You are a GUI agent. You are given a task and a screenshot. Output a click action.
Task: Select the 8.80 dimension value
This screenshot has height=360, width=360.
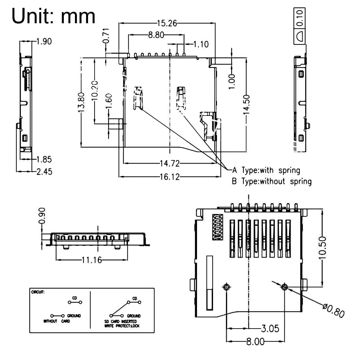pos(156,35)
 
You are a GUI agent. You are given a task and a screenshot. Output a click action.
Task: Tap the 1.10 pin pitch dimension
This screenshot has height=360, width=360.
pos(201,44)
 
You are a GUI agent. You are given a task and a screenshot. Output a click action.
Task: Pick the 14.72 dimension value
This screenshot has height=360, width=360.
pos(170,163)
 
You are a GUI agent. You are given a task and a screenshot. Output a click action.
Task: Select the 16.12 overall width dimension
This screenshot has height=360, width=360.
pos(170,177)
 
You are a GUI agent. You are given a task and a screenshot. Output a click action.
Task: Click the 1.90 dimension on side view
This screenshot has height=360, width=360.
pos(44,42)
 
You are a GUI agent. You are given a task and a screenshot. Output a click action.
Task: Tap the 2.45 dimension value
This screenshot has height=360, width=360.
pos(44,171)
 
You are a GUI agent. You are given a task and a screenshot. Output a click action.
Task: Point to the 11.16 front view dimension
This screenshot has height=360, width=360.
pos(92,260)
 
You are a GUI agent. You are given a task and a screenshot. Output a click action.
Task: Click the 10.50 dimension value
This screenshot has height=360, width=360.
pos(322,248)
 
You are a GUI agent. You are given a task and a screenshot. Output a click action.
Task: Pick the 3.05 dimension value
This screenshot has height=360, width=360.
pos(270,328)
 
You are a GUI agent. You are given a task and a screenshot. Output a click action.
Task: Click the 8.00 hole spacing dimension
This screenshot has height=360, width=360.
pos(255,342)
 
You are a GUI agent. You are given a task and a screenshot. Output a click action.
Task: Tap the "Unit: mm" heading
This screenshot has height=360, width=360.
pos(53,16)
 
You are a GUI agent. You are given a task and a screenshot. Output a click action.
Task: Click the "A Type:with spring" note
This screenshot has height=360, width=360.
pos(266,170)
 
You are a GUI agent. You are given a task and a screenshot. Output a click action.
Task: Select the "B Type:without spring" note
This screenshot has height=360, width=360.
pos(271,181)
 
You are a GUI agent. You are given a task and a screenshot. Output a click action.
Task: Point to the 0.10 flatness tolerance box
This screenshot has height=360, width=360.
pos(299,15)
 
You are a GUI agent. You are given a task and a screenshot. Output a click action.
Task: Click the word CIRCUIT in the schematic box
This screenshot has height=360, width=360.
pos(38,292)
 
